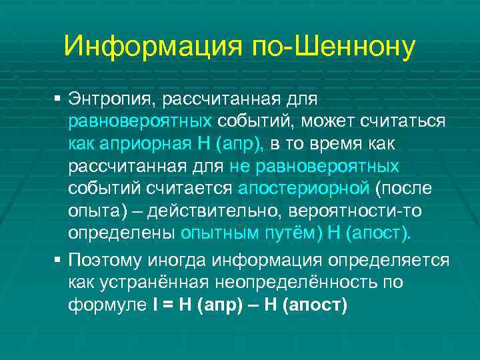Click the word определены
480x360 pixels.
pyautogui.click(x=121, y=234)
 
